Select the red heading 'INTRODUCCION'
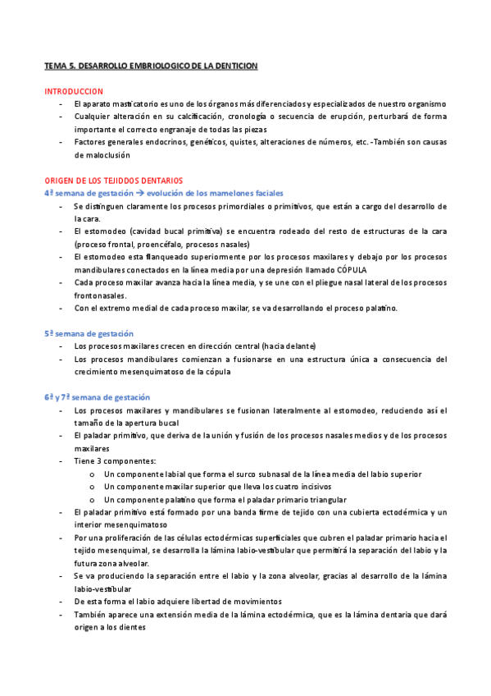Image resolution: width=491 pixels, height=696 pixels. point(74,91)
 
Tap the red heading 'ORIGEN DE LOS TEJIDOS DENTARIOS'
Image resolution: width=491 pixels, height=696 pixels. point(113,180)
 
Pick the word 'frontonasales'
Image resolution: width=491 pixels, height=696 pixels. point(101,295)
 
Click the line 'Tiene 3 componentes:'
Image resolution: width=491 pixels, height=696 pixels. point(114,461)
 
